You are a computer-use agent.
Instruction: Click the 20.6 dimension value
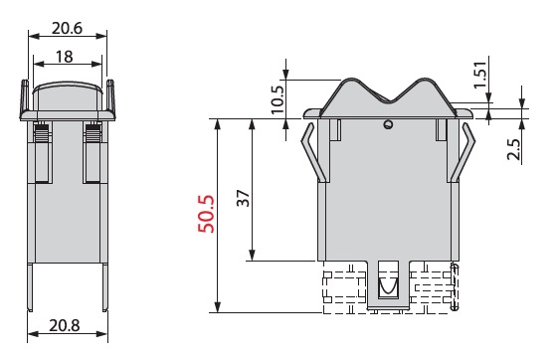pyautogui.click(x=68, y=28)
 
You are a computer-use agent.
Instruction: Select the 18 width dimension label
pyautogui.click(x=65, y=57)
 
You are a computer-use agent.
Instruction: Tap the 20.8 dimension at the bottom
pyautogui.click(x=65, y=325)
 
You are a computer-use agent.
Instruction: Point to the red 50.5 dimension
pyautogui.click(x=206, y=214)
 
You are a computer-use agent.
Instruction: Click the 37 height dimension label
pyautogui.click(x=244, y=198)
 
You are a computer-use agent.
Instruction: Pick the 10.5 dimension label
pyautogui.click(x=277, y=99)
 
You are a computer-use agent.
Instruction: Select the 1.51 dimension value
pyautogui.click(x=480, y=76)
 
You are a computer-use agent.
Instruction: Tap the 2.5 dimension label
pyautogui.click(x=514, y=149)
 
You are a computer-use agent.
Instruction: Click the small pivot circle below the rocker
pyautogui.click(x=389, y=124)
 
